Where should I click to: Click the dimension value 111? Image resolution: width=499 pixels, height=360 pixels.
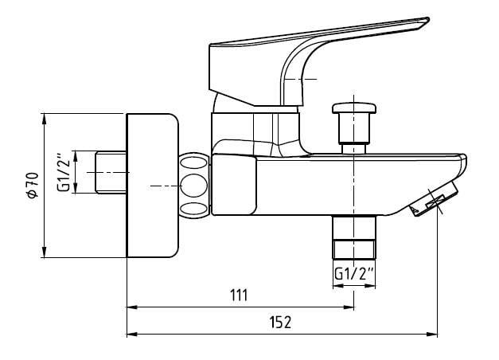(x=240, y=295)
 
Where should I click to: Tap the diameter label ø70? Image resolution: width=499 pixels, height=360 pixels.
(x=32, y=185)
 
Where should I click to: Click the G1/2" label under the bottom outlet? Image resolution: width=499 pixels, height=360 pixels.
(x=353, y=274)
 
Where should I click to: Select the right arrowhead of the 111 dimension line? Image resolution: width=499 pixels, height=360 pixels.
(x=350, y=306)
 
